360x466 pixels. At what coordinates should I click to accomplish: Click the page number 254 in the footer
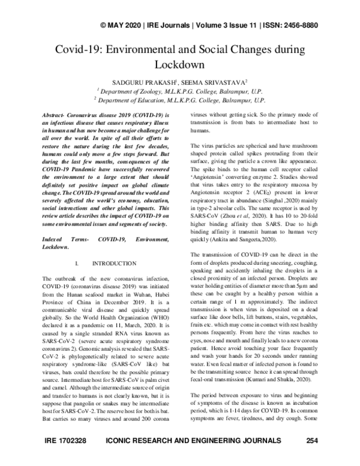point(312,458)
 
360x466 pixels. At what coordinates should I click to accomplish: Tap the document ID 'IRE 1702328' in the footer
point(65,458)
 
